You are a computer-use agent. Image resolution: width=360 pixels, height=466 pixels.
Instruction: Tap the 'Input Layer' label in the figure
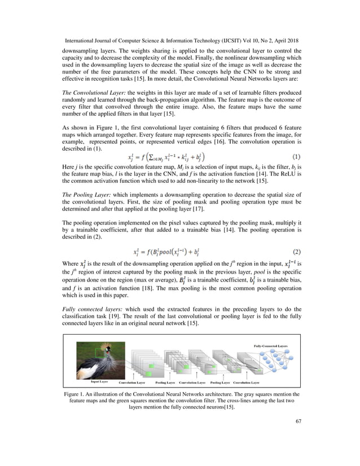tap(99, 381)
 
